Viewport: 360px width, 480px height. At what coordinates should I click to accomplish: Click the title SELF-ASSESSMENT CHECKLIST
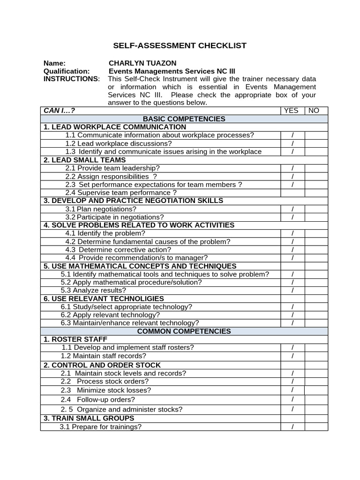coord(180,45)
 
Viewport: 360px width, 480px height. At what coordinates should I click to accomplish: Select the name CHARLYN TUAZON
coord(142,63)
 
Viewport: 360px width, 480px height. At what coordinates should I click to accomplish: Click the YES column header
coord(292,111)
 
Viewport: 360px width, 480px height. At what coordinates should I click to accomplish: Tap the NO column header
coord(314,111)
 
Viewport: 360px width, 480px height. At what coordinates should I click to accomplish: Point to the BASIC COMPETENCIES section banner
coord(184,119)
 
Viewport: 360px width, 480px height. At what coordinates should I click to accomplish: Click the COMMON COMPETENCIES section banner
coord(184,331)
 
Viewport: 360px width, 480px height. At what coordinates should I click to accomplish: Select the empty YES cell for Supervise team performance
coord(292,193)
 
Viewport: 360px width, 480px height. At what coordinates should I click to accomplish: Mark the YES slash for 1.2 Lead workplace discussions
coord(292,143)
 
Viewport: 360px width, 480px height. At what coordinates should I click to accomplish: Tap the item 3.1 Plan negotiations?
coord(101,209)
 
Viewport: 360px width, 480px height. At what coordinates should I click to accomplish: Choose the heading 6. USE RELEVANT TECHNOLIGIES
coord(104,299)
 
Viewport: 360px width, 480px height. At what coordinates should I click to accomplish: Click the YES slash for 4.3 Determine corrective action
coord(292,250)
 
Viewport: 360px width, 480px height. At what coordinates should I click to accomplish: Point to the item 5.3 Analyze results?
coord(93,290)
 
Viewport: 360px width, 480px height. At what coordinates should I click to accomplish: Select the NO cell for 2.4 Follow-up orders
coord(316,399)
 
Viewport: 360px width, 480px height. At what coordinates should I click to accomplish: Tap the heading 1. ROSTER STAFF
coord(75,339)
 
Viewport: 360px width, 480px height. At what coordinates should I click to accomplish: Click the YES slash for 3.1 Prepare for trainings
coord(292,427)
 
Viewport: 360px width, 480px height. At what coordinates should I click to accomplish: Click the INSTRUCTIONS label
coord(71,79)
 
